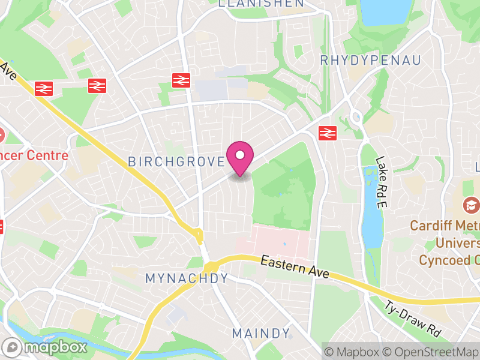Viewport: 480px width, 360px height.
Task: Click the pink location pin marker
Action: pyautogui.click(x=240, y=157)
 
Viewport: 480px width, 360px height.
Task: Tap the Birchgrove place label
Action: pyautogui.click(x=176, y=161)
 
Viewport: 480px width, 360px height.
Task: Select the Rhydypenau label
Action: pyautogui.click(x=370, y=60)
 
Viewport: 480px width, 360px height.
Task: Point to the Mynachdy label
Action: pyautogui.click(x=187, y=278)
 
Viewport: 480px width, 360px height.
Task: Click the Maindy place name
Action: pyautogui.click(x=261, y=333)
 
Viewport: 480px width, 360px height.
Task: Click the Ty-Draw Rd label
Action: pyautogui.click(x=413, y=317)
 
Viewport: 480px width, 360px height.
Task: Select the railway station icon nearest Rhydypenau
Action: pyautogui.click(x=326, y=132)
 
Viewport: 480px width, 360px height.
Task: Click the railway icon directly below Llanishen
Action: pyautogui.click(x=181, y=80)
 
